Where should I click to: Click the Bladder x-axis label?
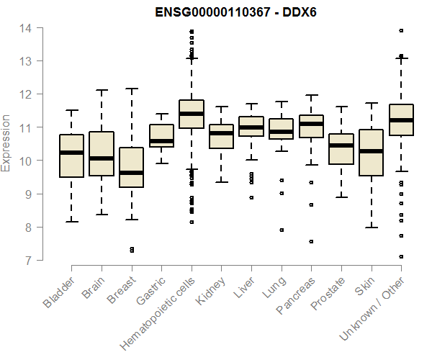pos(60,292)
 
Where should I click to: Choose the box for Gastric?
pos(161,135)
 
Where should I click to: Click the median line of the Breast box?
pos(131,173)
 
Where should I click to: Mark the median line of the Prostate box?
pos(341,145)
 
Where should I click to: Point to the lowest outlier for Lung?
pos(282,230)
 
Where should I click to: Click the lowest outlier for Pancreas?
pos(311,242)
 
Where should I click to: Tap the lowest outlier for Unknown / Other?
pos(401,256)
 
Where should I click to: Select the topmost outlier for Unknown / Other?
pos(401,30)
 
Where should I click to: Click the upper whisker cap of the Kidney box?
pos(221,107)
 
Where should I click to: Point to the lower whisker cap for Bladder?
pos(71,222)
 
